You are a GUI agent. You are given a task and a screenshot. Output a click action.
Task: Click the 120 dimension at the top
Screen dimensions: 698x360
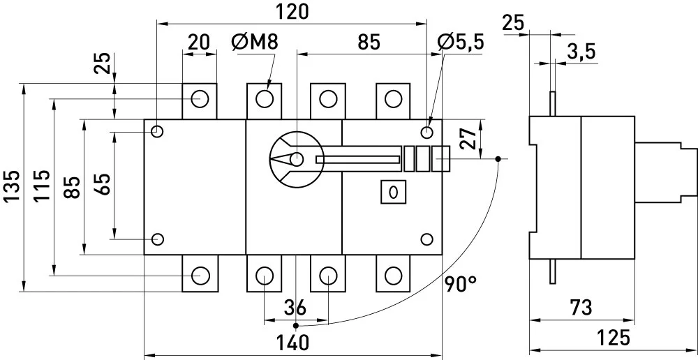[292, 12]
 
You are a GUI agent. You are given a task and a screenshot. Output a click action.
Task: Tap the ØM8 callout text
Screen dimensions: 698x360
[255, 43]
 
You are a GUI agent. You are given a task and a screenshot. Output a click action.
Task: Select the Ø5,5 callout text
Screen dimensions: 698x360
[460, 43]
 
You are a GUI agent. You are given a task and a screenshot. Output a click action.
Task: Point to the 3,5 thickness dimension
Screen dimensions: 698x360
[581, 52]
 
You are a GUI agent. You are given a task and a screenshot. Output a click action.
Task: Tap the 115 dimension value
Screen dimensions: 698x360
[43, 186]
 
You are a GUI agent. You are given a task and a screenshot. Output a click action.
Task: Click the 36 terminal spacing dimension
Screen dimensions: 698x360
[295, 308]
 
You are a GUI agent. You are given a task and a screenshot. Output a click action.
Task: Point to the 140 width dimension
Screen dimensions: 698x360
[292, 343]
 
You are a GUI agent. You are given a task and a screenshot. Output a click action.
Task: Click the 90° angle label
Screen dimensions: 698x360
[460, 284]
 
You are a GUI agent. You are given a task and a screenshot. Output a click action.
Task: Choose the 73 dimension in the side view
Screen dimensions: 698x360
[581, 308]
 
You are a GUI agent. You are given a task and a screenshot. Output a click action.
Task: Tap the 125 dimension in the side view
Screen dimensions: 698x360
[614, 338]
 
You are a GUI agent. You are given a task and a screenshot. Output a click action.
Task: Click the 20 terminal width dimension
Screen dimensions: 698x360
[198, 43]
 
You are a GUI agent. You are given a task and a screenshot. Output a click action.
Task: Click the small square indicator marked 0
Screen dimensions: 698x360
[393, 192]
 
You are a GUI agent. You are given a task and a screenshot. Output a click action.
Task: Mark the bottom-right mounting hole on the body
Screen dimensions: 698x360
[426, 239]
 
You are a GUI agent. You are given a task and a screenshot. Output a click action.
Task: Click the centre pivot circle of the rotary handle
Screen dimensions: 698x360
[296, 159]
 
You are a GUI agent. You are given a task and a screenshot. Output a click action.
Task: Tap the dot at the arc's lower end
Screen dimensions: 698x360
[296, 326]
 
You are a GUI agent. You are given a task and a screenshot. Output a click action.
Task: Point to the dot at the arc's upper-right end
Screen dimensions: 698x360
[498, 159]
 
